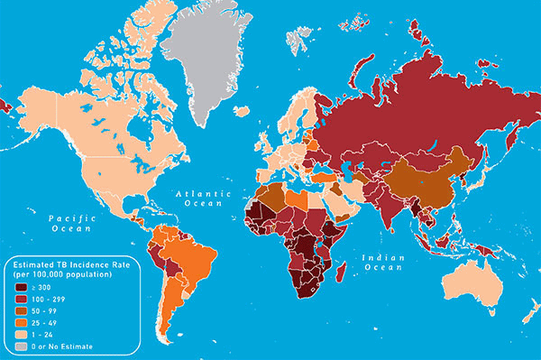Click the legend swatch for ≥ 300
click(x=20, y=287)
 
